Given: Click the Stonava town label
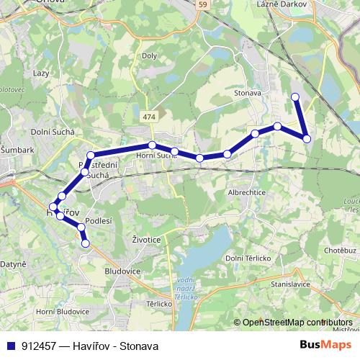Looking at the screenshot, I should pyautogui.click(x=247, y=93).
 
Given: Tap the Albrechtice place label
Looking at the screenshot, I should pyautogui.click(x=248, y=194).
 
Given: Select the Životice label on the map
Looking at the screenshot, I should pyautogui.click(x=147, y=238).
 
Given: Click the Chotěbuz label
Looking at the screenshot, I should pyautogui.click(x=341, y=250).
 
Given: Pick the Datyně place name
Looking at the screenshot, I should pyautogui.click(x=14, y=264).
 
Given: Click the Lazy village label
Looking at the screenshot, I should pyautogui.click(x=40, y=73).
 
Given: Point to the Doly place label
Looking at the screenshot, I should pyautogui.click(x=149, y=55).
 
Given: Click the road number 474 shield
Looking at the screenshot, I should pyautogui.click(x=149, y=117).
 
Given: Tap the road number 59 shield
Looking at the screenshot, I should pyautogui.click(x=204, y=5).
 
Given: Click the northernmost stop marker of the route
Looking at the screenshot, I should pyautogui.click(x=294, y=96).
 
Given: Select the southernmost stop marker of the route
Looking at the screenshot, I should pyautogui.click(x=86, y=243).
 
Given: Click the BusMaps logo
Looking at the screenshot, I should pyautogui.click(x=328, y=345).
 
